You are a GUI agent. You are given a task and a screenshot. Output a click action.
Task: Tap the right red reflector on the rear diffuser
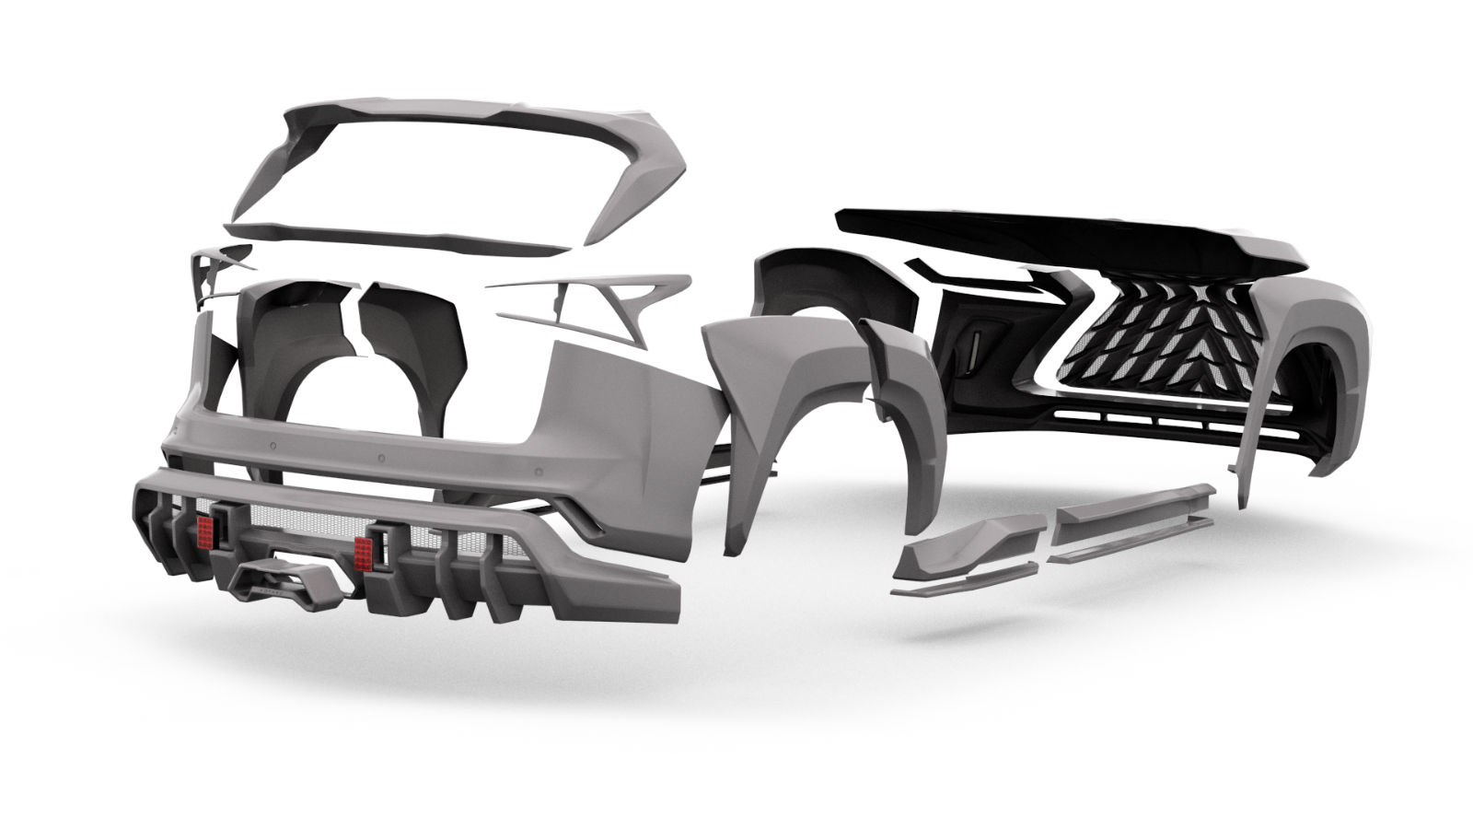[365, 550]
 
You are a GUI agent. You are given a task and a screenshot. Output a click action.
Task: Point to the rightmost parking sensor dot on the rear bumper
[380, 458]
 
